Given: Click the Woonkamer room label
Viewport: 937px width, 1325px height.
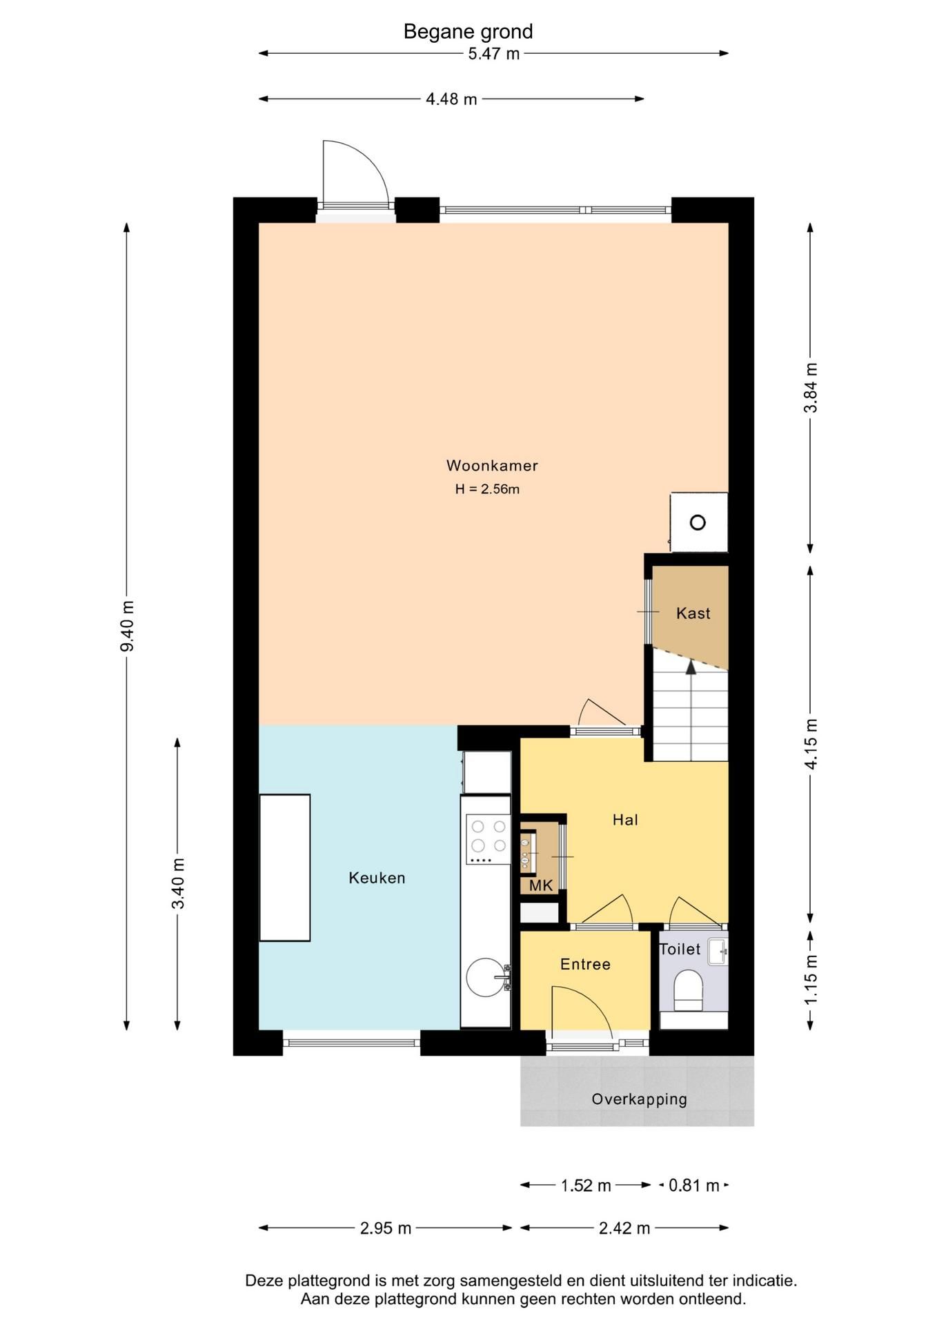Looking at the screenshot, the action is [x=492, y=466].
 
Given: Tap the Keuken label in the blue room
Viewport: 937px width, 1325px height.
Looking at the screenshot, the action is [x=377, y=878].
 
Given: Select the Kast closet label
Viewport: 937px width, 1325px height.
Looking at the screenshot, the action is [x=693, y=614].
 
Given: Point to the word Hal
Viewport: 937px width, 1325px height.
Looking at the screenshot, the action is [x=625, y=820].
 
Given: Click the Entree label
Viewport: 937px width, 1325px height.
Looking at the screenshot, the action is [x=585, y=964].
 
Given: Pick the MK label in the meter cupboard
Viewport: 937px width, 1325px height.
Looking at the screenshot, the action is [x=541, y=885].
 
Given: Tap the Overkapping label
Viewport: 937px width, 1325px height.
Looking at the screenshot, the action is [x=639, y=1099].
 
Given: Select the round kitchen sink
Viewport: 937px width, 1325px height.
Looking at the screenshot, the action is [x=486, y=977].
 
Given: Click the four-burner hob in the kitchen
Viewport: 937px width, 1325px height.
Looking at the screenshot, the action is [x=488, y=839].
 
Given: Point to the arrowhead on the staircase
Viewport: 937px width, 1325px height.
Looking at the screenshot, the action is [x=691, y=666].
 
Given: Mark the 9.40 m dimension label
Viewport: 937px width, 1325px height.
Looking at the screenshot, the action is [x=127, y=626].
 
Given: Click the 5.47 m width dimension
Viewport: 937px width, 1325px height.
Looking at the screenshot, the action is [x=493, y=54].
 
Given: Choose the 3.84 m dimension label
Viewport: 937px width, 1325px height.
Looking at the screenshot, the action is [x=811, y=388].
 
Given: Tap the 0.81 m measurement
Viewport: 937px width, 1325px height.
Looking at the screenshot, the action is [x=694, y=1186].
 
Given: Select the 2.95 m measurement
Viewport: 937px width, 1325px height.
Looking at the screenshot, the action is [x=386, y=1228].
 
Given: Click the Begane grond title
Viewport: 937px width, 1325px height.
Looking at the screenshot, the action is [x=468, y=32].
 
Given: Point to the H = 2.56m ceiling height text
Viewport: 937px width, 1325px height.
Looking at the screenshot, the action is [x=487, y=489].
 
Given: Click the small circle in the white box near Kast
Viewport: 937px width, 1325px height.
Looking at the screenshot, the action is [x=698, y=522].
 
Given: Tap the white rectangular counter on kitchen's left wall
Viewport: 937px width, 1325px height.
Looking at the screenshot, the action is [x=285, y=867].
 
